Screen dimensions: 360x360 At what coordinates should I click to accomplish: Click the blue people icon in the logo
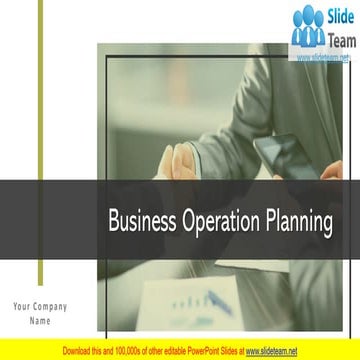[308, 27]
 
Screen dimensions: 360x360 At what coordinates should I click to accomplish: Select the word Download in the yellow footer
[79, 352]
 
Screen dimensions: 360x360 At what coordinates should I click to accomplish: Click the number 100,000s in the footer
[131, 352]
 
